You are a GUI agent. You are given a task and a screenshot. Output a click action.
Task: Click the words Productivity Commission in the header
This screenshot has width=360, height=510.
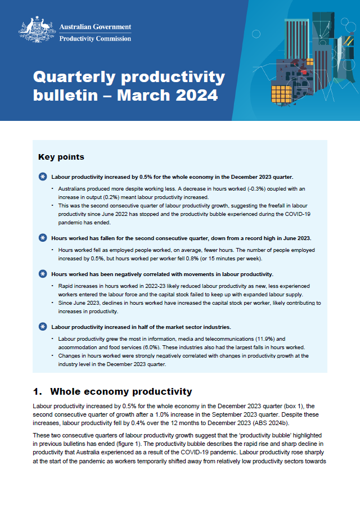coord(95,39)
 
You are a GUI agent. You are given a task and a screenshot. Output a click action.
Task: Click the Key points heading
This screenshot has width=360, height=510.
coord(61,157)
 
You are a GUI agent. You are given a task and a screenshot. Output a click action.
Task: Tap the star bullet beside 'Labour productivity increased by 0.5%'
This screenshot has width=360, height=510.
coord(43,177)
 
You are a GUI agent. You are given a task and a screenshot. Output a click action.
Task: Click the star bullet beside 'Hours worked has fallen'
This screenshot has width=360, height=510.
coord(43,237)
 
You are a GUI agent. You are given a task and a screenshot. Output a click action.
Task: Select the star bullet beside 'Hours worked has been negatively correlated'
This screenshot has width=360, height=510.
coord(43,274)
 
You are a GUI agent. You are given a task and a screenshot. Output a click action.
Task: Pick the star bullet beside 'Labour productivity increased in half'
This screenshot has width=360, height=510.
coord(43,326)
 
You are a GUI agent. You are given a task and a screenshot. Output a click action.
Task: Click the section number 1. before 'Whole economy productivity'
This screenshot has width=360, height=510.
coord(38,391)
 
